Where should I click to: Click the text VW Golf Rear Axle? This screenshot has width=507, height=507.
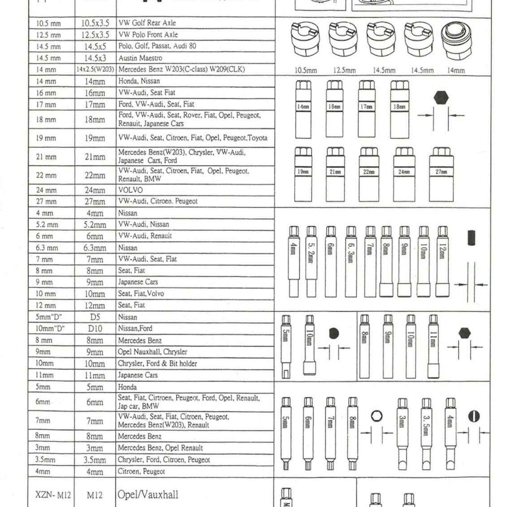(147, 22)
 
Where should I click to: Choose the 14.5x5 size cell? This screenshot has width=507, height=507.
(95, 46)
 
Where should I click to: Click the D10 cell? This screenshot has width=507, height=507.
(95, 328)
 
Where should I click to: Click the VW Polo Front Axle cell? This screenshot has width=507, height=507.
(148, 34)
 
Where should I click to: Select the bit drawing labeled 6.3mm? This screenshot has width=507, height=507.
(350, 260)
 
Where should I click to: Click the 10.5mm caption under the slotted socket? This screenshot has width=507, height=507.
(306, 70)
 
